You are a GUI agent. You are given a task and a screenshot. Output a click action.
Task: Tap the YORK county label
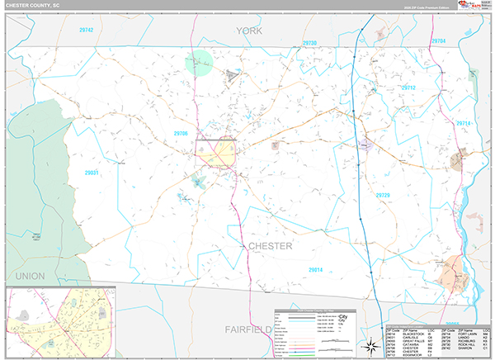click(253, 31)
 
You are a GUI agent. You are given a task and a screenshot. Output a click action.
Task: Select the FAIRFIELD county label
click(250, 329)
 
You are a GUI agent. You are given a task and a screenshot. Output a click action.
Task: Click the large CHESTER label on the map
click(270, 246)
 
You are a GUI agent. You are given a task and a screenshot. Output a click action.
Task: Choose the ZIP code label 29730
click(309, 42)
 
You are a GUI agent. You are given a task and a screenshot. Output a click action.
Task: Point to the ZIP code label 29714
click(463, 123)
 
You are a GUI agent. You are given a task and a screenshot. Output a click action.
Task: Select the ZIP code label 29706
click(181, 133)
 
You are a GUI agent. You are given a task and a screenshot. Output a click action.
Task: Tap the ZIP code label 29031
click(92, 172)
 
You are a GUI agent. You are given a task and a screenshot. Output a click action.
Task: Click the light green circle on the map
click(200, 62)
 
